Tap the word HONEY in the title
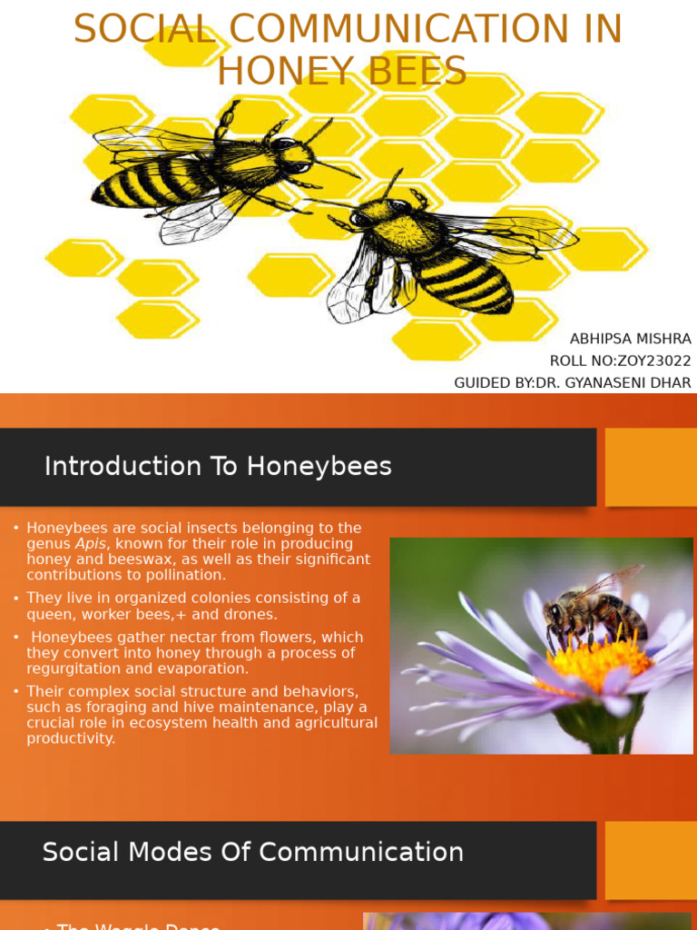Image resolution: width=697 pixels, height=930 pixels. click(279, 71)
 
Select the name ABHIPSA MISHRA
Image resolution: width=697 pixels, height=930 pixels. click(630, 339)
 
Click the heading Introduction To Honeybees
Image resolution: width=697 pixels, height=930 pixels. click(218, 466)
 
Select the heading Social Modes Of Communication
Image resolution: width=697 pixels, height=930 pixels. click(252, 852)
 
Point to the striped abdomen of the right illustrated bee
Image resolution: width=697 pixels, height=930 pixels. click(466, 278)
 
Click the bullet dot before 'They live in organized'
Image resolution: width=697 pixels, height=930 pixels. click(16, 599)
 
